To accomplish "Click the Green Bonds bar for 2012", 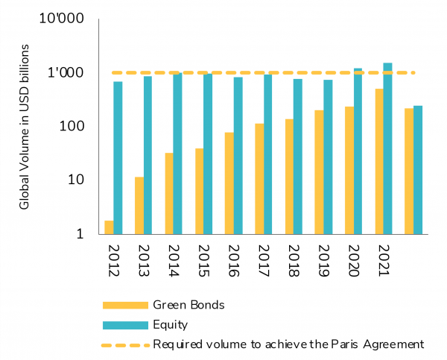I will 110,227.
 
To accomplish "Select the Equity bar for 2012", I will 118,158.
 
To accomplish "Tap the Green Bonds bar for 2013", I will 139,206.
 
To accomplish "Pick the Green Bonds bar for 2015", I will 199,192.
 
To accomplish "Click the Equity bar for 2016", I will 238,156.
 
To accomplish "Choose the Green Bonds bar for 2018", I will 289,177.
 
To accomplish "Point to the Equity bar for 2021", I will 387,148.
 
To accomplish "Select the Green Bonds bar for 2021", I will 378,162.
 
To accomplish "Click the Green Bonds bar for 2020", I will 349,171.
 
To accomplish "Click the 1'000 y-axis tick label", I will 69,72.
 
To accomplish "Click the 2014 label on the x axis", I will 174,261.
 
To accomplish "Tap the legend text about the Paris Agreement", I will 288,344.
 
